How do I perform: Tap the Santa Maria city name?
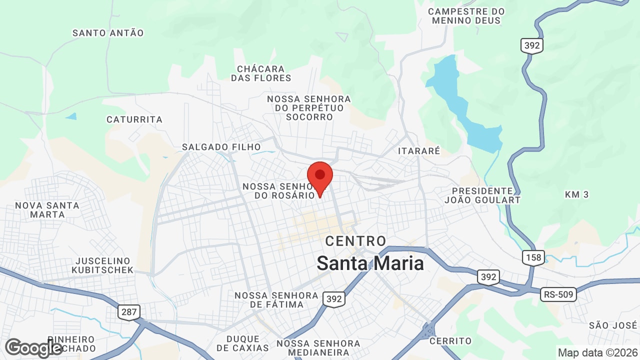tap(370, 263)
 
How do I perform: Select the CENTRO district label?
tap(355, 241)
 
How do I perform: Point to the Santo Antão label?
tap(108, 33)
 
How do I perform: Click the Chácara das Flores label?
tap(261, 73)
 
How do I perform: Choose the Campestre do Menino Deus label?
tap(466, 16)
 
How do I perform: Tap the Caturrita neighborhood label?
tap(134, 119)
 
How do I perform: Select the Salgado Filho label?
tap(221, 147)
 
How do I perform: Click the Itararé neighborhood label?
tap(419, 150)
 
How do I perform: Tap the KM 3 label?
tap(576, 194)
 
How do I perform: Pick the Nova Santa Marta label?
tap(47, 210)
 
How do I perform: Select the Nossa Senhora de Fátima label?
tap(276, 300)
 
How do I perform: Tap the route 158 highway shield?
tap(533, 257)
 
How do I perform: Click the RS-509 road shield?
tap(558, 294)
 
